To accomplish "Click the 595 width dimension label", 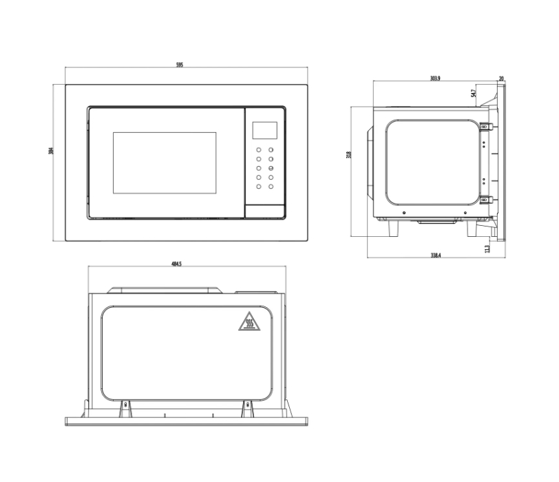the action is click(x=180, y=65).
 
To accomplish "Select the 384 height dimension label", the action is click(x=51, y=151).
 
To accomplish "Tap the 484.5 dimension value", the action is click(x=176, y=264).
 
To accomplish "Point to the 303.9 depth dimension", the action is click(x=435, y=78).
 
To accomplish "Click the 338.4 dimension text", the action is click(x=436, y=255).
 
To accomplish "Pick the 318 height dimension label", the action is click(x=348, y=155).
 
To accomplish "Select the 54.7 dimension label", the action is click(x=473, y=93).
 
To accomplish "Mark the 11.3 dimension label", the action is click(x=487, y=249).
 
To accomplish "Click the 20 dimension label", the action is click(x=501, y=78).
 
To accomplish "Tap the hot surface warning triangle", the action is click(x=249, y=322).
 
